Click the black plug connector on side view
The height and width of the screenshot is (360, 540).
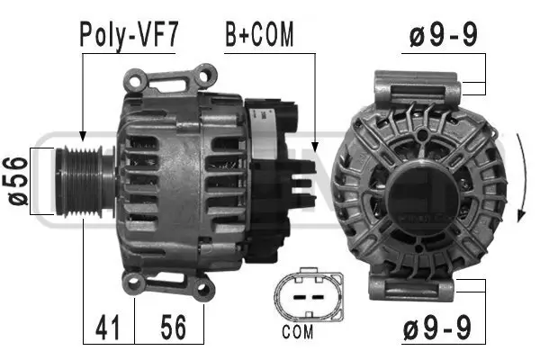274,171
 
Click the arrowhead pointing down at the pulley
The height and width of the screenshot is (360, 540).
82,133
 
